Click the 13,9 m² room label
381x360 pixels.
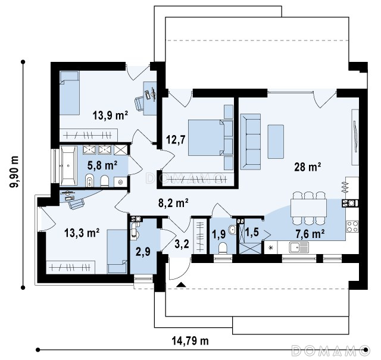click(110, 115)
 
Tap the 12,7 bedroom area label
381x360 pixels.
click(176, 140)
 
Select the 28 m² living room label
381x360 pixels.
click(307, 167)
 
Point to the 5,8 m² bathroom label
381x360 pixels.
click(102, 165)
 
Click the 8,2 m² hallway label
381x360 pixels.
click(173, 203)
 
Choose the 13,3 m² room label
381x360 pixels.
click(82, 233)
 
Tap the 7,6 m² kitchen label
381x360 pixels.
click(310, 234)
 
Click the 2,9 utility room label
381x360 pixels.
click(143, 252)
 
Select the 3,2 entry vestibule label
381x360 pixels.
click(182, 244)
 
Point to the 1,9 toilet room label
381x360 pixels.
click(218, 234)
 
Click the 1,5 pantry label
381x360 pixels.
click(252, 232)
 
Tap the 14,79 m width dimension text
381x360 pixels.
click(190, 341)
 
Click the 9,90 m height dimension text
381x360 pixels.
click(14, 171)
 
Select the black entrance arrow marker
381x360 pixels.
click(181, 284)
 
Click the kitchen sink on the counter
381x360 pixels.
click(299, 248)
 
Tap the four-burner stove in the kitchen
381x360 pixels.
click(352, 226)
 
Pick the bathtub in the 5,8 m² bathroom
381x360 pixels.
click(68, 165)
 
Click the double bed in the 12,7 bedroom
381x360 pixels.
click(210, 137)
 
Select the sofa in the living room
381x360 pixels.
click(250, 142)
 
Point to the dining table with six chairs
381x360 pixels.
click(308, 208)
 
